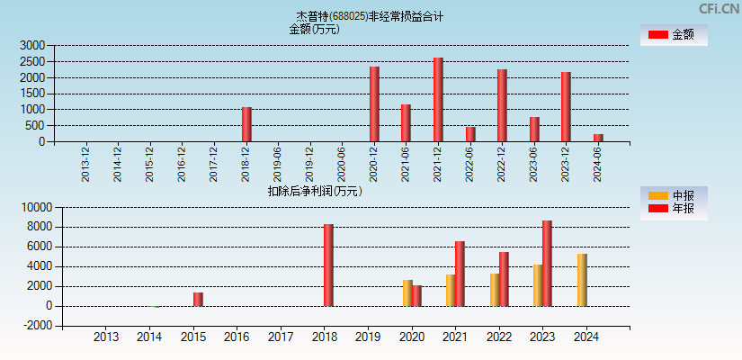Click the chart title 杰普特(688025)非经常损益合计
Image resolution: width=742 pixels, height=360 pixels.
coord(370,16)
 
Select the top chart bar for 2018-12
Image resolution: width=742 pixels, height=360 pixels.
coord(246,124)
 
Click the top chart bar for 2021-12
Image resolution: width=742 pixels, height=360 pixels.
coord(438,100)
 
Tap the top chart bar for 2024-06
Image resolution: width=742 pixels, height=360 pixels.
coord(598,138)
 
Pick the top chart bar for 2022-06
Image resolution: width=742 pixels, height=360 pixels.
coord(470,134)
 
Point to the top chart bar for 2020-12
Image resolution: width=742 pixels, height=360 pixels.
coord(374,104)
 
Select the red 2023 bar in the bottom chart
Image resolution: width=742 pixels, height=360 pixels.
coord(547,264)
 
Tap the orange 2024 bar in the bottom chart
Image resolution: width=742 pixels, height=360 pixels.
coord(582,280)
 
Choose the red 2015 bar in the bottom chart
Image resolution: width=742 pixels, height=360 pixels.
coord(198,299)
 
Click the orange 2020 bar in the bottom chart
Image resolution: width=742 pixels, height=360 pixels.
coord(407,293)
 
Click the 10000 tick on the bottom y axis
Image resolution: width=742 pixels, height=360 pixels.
coord(36,207)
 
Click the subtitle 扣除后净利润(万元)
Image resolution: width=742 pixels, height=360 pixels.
coord(315,191)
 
